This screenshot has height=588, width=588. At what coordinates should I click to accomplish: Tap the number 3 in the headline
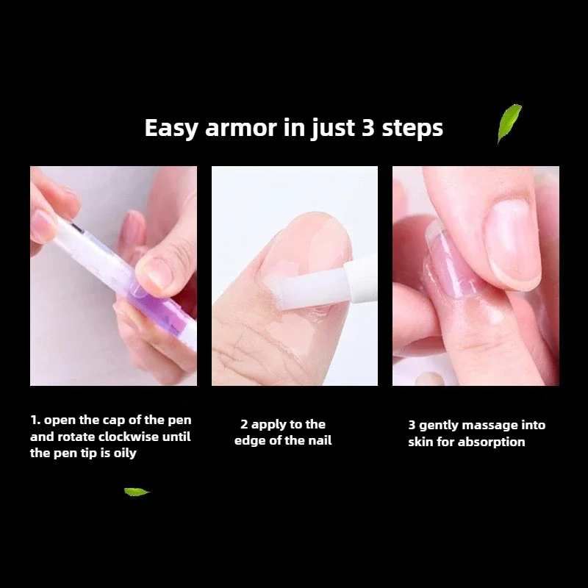pos(368,128)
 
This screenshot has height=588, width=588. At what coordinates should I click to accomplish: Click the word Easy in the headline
pos(171,128)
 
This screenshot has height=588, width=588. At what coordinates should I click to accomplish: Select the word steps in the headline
pos(412,129)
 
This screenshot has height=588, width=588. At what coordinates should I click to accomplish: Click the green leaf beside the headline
pos(509,122)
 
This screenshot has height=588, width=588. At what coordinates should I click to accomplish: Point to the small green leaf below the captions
pos(137,492)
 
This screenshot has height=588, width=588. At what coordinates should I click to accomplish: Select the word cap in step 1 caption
pos(104,420)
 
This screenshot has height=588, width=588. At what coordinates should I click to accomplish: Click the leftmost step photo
pos(113,276)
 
